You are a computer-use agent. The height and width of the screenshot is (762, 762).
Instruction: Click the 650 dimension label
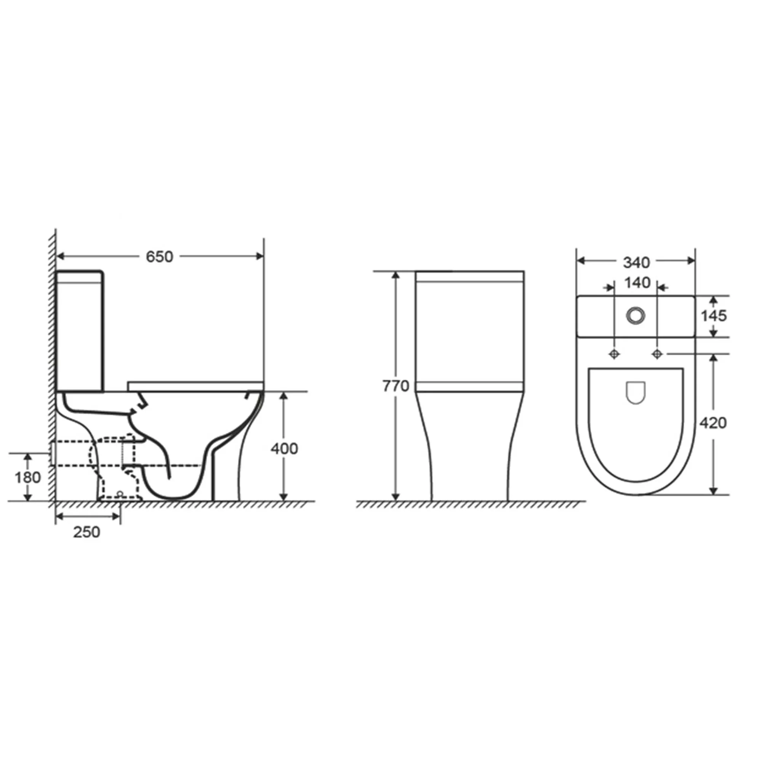(x=159, y=257)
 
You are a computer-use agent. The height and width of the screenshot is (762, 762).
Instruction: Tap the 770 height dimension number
(x=396, y=386)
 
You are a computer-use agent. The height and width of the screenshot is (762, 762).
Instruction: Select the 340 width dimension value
(x=637, y=262)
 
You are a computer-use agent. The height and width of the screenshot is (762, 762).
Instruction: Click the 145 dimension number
(x=714, y=315)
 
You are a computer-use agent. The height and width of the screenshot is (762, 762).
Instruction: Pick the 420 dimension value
(x=713, y=423)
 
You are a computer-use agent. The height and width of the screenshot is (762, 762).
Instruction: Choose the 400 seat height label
(x=284, y=448)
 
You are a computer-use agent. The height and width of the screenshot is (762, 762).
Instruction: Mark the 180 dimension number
(x=27, y=478)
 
